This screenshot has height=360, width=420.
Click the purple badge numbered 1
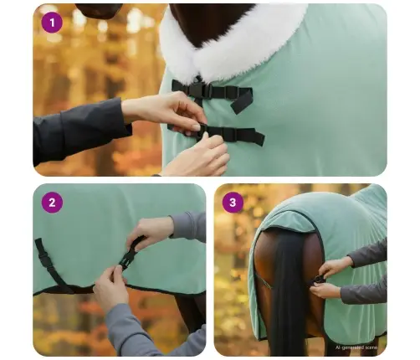pyautogui.click(x=52, y=23)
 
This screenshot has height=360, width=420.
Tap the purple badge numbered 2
pyautogui.click(x=52, y=202)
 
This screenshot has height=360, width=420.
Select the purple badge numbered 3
pyautogui.click(x=233, y=202)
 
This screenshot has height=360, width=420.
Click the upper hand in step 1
pyautogui.click(x=163, y=109)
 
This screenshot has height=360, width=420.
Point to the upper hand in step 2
pyautogui.click(x=151, y=232)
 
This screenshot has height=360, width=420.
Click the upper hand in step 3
pyautogui.click(x=336, y=265)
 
